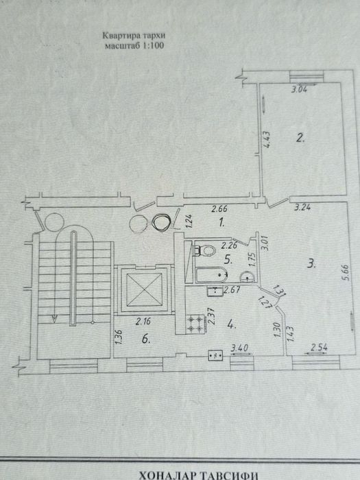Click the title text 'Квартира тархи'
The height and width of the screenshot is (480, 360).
[x=134, y=36]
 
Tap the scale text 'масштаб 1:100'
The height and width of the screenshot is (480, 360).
[x=134, y=46]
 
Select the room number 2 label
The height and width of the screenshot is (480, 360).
[x=300, y=138]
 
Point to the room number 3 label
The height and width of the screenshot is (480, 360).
[x=311, y=263]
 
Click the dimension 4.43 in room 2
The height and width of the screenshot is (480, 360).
[x=266, y=140]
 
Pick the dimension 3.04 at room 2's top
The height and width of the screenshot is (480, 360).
[x=299, y=90]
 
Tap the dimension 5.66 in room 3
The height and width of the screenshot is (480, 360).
[x=345, y=273]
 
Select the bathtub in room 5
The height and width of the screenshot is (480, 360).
[x=211, y=274]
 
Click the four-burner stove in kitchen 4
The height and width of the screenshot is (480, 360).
[x=195, y=324]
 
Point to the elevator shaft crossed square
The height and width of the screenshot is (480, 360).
[x=144, y=289]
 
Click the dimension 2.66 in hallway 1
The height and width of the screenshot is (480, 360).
[x=219, y=209]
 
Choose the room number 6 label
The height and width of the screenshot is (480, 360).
[x=146, y=339]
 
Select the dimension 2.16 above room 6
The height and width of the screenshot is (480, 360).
[x=143, y=322]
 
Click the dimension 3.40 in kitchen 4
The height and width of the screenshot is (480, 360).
[x=239, y=348]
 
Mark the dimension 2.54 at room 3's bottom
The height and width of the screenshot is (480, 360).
[x=320, y=347]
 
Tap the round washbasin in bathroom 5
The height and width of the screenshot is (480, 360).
[x=248, y=277]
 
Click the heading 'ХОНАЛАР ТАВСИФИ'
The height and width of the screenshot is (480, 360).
[x=198, y=475]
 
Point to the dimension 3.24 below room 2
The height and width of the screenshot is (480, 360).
[x=302, y=207]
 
